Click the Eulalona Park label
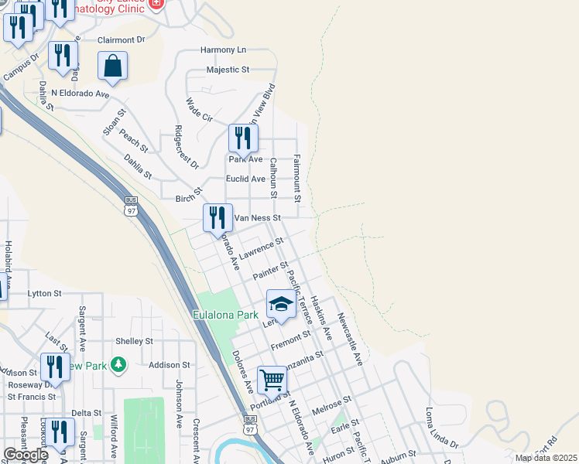point(224,316)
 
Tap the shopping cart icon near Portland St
point(272,380)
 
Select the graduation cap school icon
point(282,304)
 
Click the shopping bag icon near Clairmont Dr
point(112,66)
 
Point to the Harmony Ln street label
point(223,49)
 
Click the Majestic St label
point(228,70)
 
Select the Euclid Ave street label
point(245,179)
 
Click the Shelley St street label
point(134,341)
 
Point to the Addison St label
point(170,364)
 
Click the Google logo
point(26,455)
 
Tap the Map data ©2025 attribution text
point(545,458)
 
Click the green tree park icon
point(118,363)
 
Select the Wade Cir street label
point(200,110)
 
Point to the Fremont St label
point(290,339)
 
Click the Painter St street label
point(270,271)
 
